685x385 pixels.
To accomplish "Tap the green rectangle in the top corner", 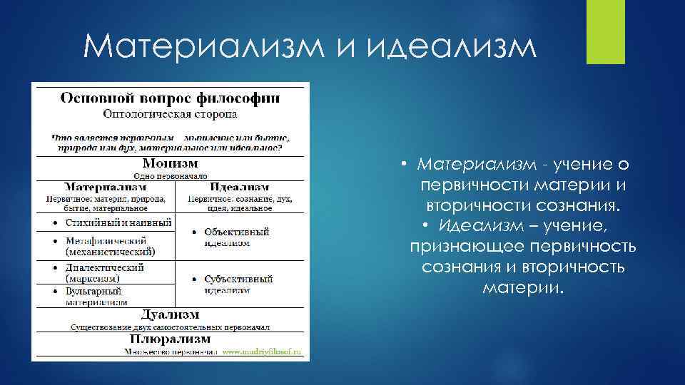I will coord(605,31).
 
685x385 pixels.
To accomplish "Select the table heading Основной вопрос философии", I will coord(170,97).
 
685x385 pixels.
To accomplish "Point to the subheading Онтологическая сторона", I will coord(170,113).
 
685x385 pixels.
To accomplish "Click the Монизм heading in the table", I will coord(170,163).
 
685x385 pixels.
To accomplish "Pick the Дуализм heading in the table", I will coord(170,314).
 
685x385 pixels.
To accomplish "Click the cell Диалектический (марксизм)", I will coord(105,272).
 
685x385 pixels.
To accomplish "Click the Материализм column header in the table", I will coord(106,188).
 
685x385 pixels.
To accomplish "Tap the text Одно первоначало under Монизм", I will coord(170,175).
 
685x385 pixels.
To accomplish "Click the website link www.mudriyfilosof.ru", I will coord(262,352).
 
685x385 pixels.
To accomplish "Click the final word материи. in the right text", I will coord(523,288).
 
